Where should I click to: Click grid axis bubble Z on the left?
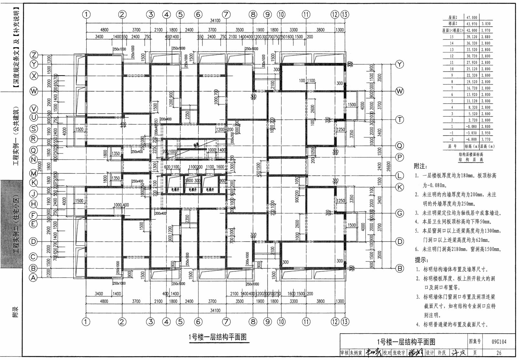34,55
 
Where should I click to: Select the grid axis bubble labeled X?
34,76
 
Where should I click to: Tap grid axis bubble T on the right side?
400,120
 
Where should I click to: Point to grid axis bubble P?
400,157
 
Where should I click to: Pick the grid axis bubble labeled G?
400,213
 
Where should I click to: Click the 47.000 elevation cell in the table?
472,17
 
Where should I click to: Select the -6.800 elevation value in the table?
472,140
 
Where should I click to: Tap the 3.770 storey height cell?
485,140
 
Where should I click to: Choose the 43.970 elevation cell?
472,24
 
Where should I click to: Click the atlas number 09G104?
499,342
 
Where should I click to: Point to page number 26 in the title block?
499,353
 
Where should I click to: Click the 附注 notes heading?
420,166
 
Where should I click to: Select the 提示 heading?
421,260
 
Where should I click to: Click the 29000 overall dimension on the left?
39,166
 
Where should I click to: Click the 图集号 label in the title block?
474,342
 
